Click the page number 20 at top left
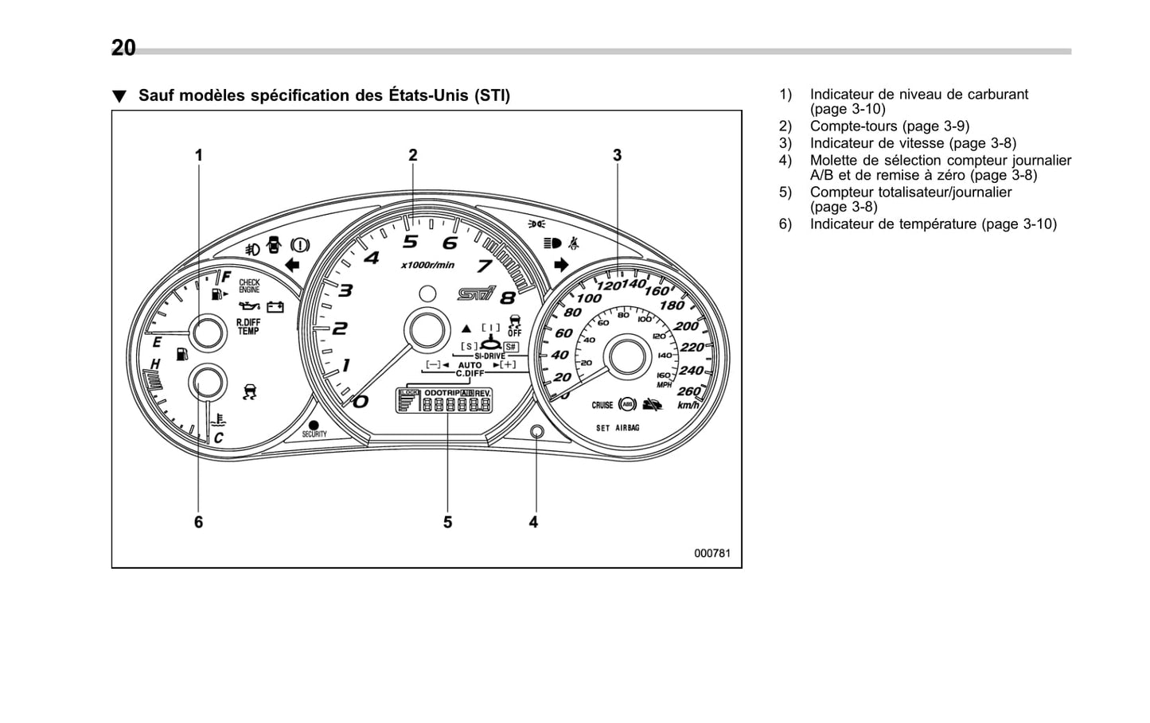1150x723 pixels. [x=123, y=49]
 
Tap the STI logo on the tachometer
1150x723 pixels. [x=476, y=294]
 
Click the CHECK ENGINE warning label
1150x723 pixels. [x=249, y=286]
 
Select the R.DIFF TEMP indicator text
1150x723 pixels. [x=248, y=327]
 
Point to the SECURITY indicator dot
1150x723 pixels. [x=314, y=426]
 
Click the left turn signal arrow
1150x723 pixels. [x=292, y=265]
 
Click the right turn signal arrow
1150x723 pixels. [x=562, y=265]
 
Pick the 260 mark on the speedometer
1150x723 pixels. [x=688, y=391]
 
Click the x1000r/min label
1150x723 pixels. [x=427, y=265]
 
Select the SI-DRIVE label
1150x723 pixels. [x=489, y=356]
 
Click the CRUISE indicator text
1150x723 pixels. [x=602, y=405]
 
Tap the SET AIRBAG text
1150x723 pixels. [x=618, y=428]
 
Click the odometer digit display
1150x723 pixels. [x=456, y=405]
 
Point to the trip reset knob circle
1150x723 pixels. [x=536, y=432]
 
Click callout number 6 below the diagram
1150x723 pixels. [x=198, y=522]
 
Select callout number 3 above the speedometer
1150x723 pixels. [x=617, y=155]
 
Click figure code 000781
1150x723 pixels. [x=711, y=554]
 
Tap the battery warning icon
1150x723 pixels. [x=275, y=306]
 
